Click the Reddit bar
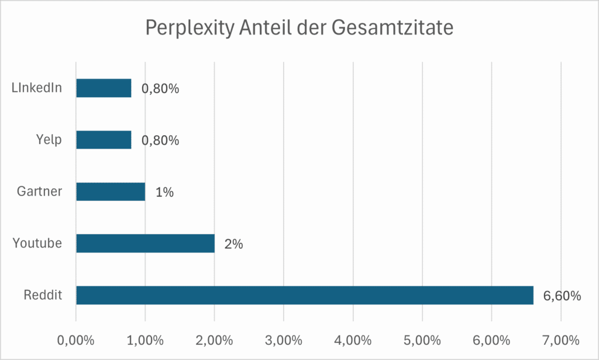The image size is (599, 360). point(304,295)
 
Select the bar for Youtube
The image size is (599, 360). point(145,244)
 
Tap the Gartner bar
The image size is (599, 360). point(111,192)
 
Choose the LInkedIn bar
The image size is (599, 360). point(104,88)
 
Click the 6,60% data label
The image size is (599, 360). point(562,296)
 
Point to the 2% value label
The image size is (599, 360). point(233,244)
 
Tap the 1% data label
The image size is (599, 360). point(164,193)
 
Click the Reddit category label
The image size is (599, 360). point(43,296)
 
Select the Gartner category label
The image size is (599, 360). point(40,192)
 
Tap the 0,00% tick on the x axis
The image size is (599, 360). point(76,340)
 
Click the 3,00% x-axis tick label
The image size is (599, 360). point(284,340)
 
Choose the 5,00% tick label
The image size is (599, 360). point(422,340)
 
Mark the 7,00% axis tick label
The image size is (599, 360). point(560,340)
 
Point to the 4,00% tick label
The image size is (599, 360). point(353,340)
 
